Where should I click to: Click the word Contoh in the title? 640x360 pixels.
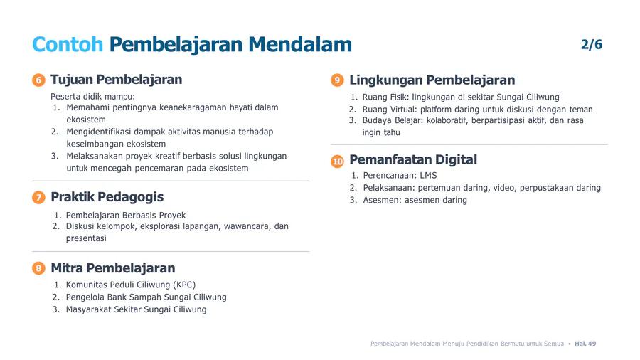pos(68,44)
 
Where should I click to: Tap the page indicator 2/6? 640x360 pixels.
pos(592,44)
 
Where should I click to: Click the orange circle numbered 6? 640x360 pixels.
pos(38,80)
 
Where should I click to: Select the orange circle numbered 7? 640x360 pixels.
pos(38,198)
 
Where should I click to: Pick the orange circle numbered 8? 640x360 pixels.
pos(38,268)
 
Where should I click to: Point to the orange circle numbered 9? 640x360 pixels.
pos(337,80)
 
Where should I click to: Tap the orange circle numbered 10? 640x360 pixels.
pos(337,162)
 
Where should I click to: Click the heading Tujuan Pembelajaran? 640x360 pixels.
pos(117,80)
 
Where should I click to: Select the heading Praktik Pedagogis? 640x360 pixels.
pos(107,197)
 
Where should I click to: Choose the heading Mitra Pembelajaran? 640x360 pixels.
pos(112,268)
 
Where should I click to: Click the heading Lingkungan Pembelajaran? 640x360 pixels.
pos(432,80)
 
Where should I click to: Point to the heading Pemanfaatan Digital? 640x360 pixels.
pos(413,159)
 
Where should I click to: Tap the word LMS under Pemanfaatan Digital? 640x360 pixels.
pos(428,176)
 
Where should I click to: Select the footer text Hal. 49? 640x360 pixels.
pos(585,344)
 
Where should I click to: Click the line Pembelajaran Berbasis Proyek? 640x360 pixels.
pos(126,215)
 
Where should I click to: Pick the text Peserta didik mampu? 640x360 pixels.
pos(92,97)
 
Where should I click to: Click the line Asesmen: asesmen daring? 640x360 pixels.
pos(415,200)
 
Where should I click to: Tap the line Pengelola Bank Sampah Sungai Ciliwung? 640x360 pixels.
pos(146,297)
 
